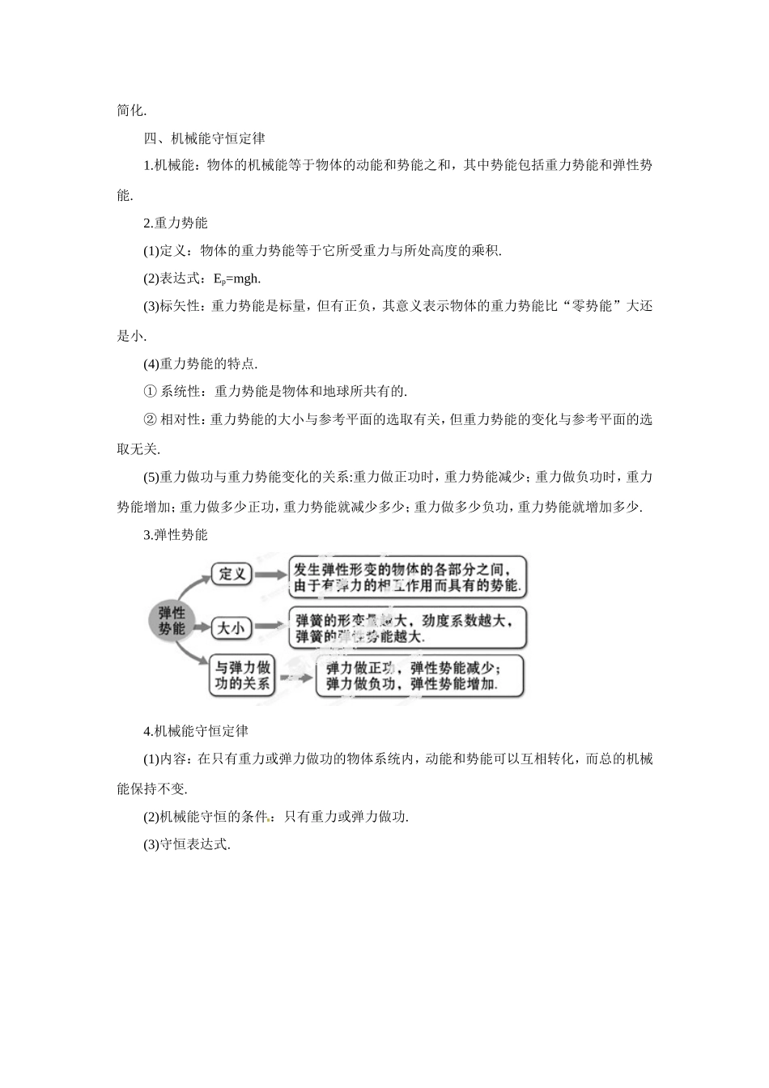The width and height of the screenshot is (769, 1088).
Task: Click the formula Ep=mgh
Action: click(x=237, y=278)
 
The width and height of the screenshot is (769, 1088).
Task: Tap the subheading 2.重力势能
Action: click(x=176, y=223)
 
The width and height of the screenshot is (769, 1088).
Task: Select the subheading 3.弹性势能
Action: click(x=176, y=534)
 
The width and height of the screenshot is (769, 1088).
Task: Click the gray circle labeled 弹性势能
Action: click(x=172, y=620)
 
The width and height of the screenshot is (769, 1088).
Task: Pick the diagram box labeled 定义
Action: click(x=232, y=574)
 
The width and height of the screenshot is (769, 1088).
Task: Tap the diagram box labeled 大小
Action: click(x=231, y=627)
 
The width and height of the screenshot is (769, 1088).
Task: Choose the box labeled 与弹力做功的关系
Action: click(x=242, y=675)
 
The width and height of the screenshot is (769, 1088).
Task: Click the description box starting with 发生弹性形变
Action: click(x=407, y=576)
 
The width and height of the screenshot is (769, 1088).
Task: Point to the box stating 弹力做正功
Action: click(x=413, y=675)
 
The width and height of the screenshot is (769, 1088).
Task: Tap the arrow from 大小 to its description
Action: click(x=269, y=627)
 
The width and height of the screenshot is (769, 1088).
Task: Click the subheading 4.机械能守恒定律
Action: click(x=196, y=731)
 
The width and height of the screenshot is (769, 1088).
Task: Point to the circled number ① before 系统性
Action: click(x=149, y=392)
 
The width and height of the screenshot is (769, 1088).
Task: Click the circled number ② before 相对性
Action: click(x=149, y=419)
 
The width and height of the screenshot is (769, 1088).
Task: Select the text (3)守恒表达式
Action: click(x=187, y=844)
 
